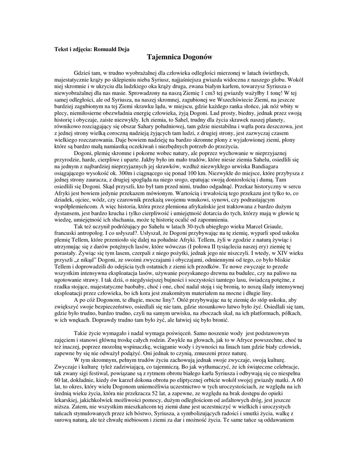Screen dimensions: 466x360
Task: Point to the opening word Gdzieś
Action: pos(82,73)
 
